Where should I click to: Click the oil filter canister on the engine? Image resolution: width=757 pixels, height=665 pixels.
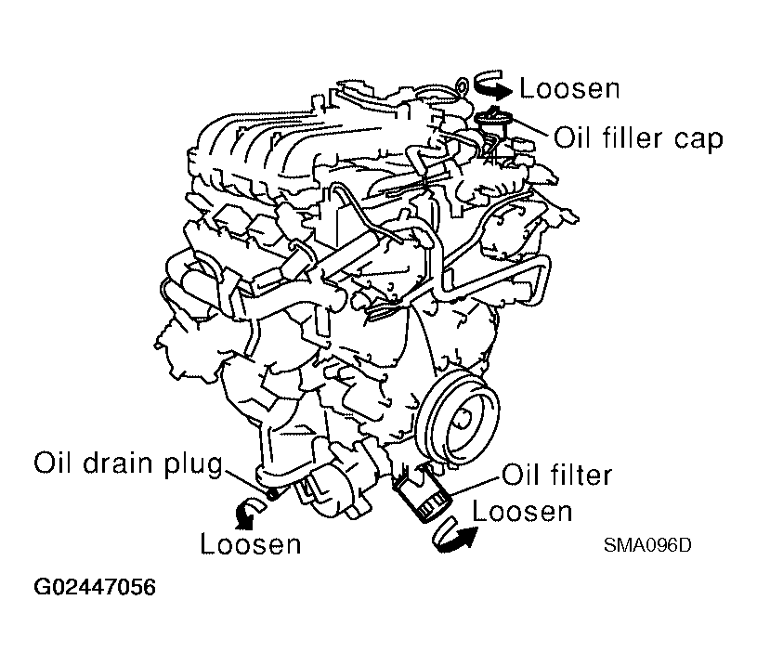(424, 493)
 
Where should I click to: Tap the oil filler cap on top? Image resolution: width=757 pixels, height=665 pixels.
(492, 118)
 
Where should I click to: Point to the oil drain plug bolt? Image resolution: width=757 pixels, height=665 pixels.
(272, 493)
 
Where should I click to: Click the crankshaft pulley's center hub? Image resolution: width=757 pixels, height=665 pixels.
(460, 416)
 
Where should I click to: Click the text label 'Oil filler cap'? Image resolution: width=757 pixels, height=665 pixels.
(638, 138)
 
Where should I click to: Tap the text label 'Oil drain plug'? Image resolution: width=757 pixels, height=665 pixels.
(128, 463)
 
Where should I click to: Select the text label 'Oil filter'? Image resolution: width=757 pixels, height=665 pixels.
(557, 475)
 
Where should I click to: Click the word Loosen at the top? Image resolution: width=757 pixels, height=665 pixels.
(569, 88)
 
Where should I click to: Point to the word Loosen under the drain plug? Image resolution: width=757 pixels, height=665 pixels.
(251, 543)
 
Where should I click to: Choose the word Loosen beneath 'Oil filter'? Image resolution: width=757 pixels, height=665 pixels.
(522, 511)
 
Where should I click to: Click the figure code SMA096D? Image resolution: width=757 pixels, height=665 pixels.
(647, 545)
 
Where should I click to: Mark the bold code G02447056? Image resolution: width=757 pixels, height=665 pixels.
(95, 587)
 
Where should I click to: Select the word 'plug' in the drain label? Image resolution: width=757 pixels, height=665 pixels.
(193, 465)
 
